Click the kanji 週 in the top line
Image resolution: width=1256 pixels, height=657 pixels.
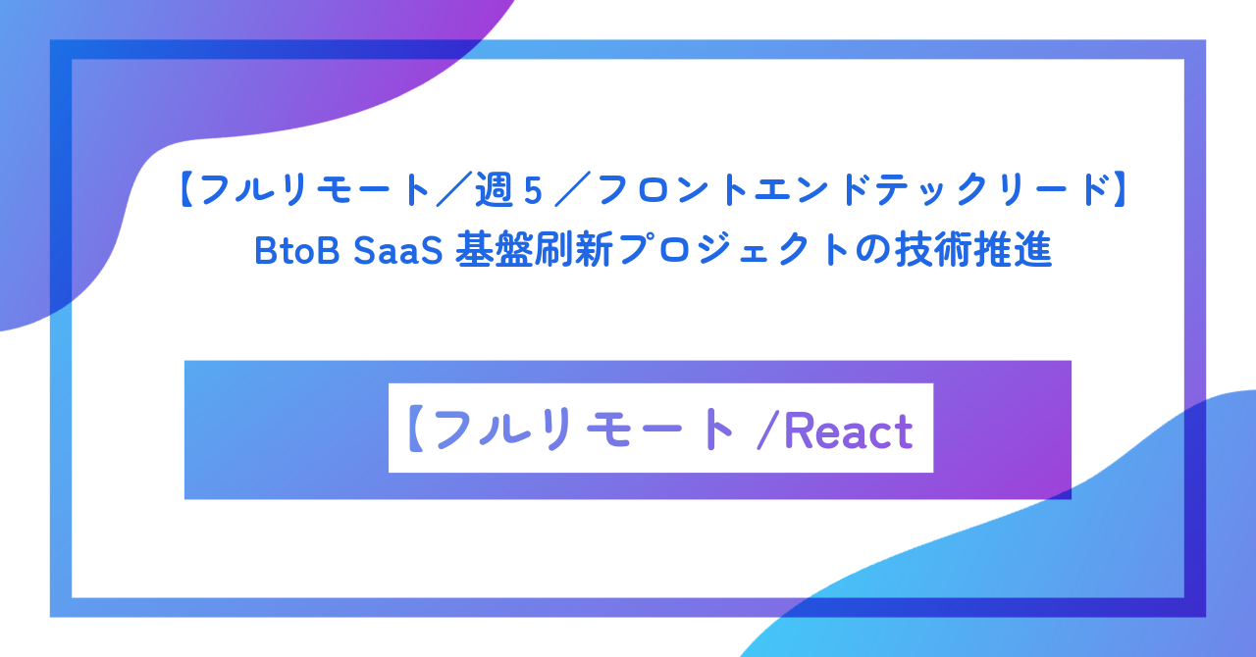pyautogui.click(x=495, y=191)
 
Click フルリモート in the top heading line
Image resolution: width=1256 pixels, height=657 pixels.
pyautogui.click(x=314, y=191)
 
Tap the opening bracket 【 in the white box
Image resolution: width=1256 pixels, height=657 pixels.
pyautogui.click(x=414, y=430)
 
